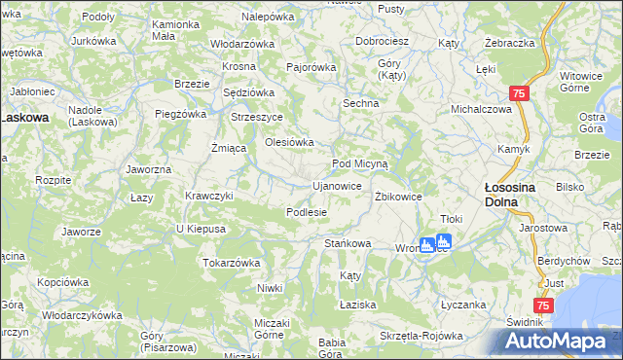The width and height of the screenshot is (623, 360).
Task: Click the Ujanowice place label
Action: [x=337, y=185]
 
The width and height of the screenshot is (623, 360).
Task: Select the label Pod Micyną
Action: [x=360, y=163]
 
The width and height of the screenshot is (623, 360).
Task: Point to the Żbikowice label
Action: [x=398, y=196]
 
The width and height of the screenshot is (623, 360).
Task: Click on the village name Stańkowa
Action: [x=348, y=243]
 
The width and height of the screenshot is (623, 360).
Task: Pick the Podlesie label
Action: [x=306, y=211]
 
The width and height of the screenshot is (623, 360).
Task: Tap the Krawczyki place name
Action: [x=209, y=195]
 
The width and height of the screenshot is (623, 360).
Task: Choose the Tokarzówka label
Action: [x=231, y=262]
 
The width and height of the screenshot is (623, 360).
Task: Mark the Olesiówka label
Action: [x=290, y=142]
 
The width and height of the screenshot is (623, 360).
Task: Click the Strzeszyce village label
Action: [x=256, y=117]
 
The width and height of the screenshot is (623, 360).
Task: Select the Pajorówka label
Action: [x=311, y=67]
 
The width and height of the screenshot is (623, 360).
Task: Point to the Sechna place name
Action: [x=359, y=101]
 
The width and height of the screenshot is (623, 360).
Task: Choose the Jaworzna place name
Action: [x=149, y=168]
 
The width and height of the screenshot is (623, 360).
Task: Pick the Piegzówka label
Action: [x=178, y=114]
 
